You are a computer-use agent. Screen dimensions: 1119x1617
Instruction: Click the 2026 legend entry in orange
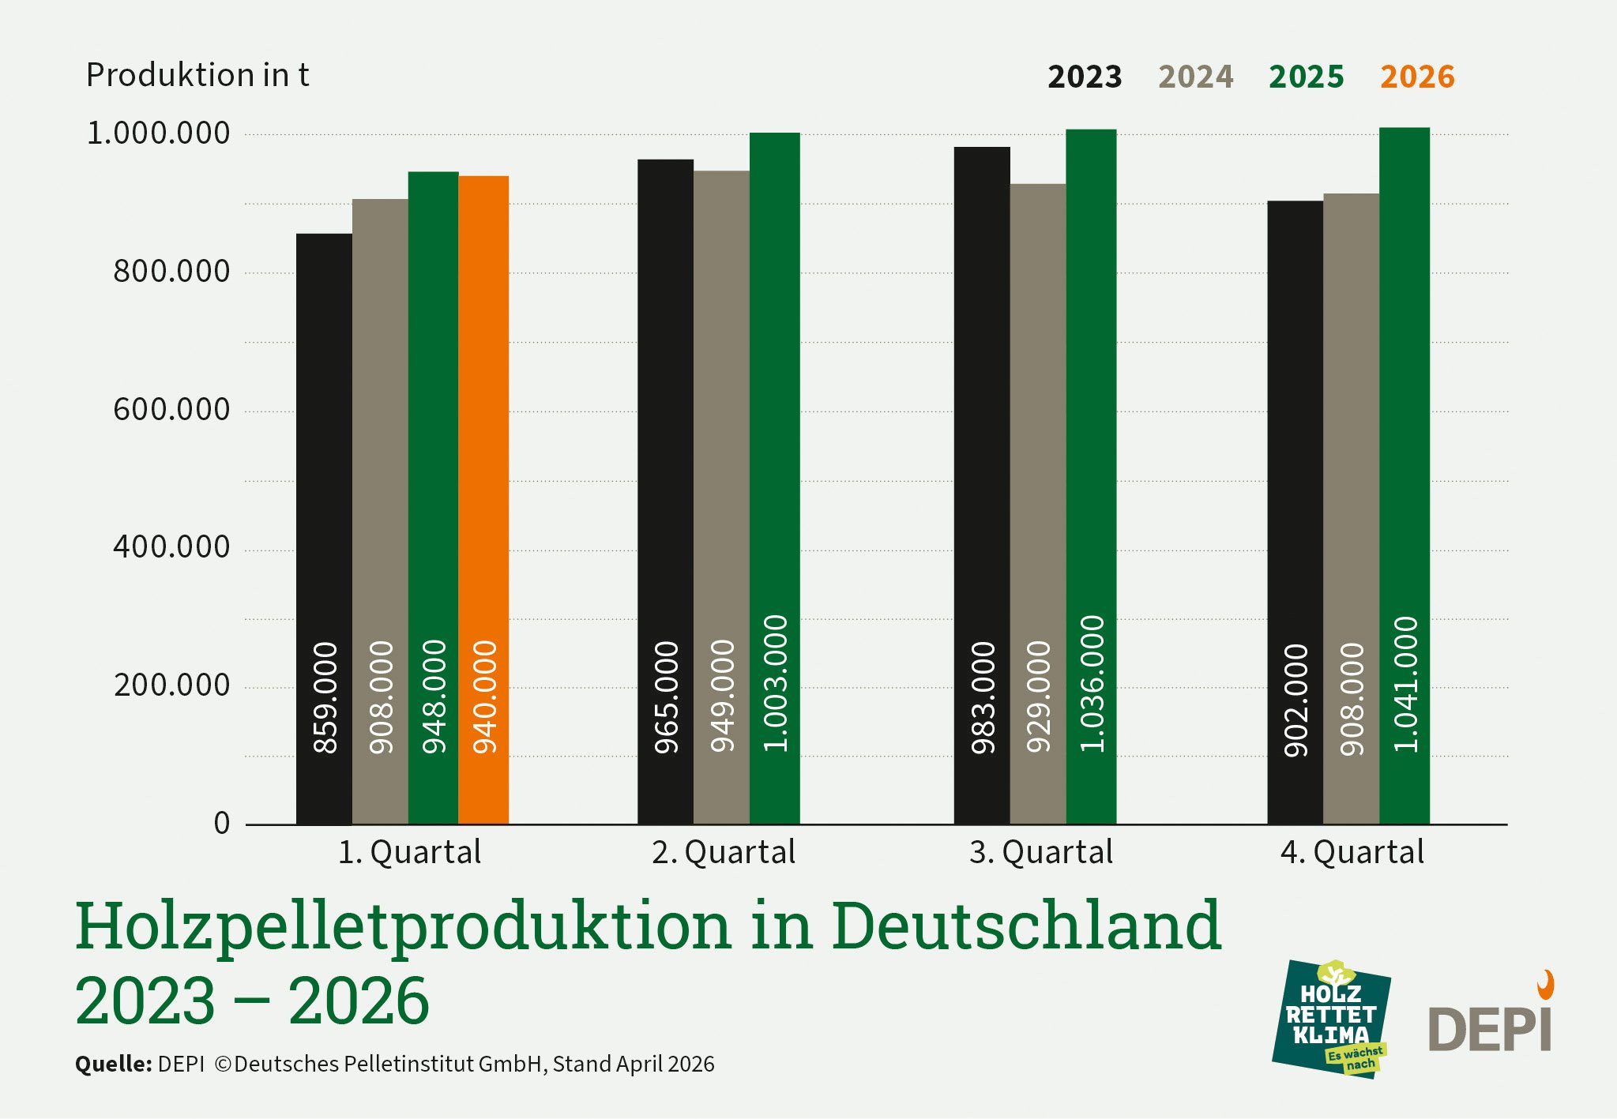coord(1417,77)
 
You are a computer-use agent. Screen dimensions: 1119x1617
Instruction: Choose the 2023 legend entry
coord(1085,77)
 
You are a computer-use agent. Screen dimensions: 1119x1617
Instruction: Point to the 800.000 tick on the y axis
coord(171,272)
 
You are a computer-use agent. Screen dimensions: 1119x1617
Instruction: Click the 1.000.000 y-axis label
coord(158,133)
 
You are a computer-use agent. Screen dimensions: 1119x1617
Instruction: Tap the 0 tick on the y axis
coord(222,824)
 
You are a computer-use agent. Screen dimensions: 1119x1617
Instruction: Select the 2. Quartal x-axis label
coord(724,852)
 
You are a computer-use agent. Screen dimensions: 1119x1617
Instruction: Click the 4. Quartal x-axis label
coord(1352,852)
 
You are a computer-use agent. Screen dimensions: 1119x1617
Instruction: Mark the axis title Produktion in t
coord(197,75)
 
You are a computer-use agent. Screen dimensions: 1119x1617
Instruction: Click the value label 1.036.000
coord(1092,684)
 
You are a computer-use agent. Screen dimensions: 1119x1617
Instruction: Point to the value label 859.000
coord(325,698)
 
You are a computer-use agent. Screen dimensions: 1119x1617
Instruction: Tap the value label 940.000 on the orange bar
coord(484,697)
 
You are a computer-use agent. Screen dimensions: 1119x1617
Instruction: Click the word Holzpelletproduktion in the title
coord(403,926)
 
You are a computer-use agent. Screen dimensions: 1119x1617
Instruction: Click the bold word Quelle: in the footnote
coord(113,1064)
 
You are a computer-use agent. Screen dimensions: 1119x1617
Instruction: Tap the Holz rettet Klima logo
coord(1332,1019)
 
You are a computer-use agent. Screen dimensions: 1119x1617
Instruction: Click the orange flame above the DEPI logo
coord(1545,985)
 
